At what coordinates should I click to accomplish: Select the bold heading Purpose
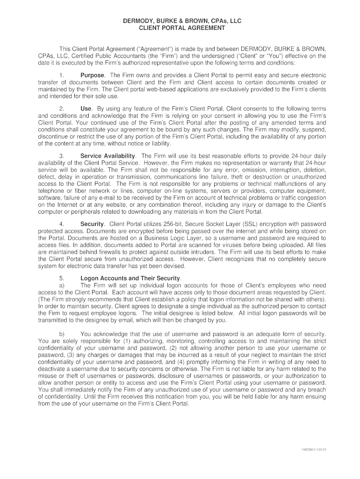click(93, 75)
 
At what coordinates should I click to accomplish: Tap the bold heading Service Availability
click(108, 156)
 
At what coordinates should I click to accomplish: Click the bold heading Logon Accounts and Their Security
click(130, 278)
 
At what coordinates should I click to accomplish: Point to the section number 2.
click(61, 109)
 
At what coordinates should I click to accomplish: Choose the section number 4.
click(61, 224)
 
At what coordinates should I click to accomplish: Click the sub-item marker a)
click(61, 285)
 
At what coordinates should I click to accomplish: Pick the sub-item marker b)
click(61, 334)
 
